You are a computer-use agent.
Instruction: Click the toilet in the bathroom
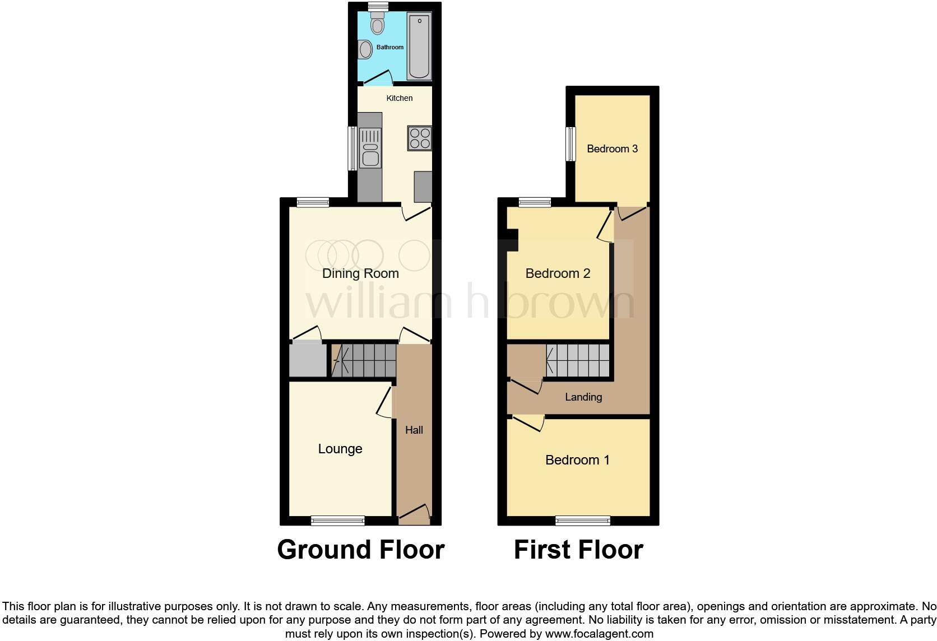pyautogui.click(x=378, y=24)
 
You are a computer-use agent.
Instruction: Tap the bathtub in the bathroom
pyautogui.click(x=419, y=47)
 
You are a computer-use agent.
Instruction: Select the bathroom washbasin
pyautogui.click(x=366, y=49)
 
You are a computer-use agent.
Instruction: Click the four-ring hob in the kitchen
pyautogui.click(x=420, y=138)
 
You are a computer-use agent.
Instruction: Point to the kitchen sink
pyautogui.click(x=370, y=147)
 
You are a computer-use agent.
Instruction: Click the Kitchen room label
pyautogui.click(x=400, y=98)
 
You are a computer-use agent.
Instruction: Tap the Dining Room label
pyautogui.click(x=360, y=273)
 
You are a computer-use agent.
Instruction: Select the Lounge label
pyautogui.click(x=340, y=449)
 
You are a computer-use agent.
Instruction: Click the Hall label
pyautogui.click(x=414, y=430)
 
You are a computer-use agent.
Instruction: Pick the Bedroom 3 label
pyautogui.click(x=612, y=148)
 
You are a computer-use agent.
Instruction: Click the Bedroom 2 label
pyautogui.click(x=558, y=273)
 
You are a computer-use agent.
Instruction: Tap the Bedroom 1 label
pyautogui.click(x=577, y=460)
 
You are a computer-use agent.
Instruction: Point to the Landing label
pyautogui.click(x=583, y=397)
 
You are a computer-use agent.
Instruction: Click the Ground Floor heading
pyautogui.click(x=361, y=550)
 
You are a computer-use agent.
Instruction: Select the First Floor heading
pyautogui.click(x=578, y=550)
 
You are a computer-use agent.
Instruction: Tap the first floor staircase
pyautogui.click(x=578, y=360)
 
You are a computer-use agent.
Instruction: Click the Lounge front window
pyautogui.click(x=338, y=521)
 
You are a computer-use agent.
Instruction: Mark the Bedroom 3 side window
pyautogui.click(x=570, y=143)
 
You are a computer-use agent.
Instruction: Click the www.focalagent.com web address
pyautogui.click(x=599, y=634)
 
